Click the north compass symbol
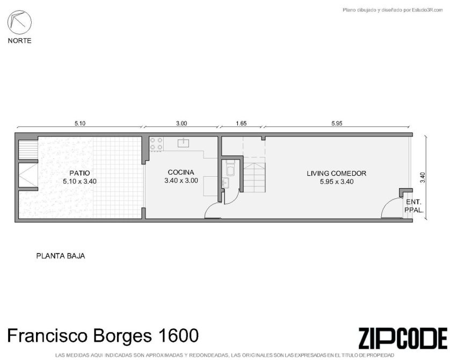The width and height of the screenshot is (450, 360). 19,22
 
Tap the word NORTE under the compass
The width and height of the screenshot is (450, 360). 19,41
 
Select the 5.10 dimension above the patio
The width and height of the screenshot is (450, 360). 80,124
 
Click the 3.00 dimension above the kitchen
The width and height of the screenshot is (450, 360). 182,124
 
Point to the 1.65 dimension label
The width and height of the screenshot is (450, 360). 241,124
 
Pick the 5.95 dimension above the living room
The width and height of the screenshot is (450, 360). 337,124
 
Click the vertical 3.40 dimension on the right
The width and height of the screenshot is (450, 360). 422,177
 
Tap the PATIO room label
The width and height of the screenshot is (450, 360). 79,173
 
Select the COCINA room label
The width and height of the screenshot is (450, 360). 181,172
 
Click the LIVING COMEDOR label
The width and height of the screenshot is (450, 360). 336,174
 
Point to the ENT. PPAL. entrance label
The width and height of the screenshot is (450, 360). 414,206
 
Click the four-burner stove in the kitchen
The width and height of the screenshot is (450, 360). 156,144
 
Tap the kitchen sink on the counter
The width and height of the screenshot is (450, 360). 183,142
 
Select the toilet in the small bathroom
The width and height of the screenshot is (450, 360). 230,169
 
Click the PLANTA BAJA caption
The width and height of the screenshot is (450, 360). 61,256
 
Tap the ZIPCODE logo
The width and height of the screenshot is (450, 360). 403,338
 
